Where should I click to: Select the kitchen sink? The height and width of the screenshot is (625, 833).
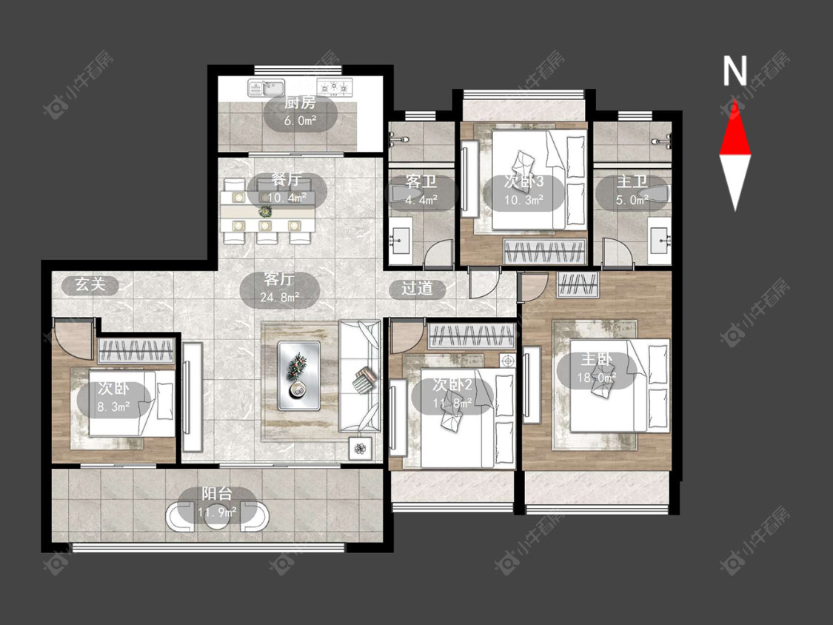point(266,87)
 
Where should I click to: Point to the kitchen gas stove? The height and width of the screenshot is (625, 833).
point(335,87)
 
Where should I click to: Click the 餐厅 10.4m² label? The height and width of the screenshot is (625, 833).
point(287,189)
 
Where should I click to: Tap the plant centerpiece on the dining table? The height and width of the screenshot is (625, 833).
point(264,212)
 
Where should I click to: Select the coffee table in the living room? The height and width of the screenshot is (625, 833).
point(298,375)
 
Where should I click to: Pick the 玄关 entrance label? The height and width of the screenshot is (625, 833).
point(90,284)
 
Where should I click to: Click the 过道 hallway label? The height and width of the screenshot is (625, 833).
point(417,288)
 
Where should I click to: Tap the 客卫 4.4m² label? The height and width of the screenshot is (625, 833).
point(421,190)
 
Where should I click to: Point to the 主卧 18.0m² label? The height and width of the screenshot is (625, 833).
point(597,368)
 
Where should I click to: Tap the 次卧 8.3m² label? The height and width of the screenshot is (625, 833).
point(114,398)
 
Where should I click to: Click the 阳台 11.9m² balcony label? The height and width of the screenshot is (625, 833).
point(217,503)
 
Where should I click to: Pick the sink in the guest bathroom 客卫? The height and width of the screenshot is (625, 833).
point(400,240)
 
